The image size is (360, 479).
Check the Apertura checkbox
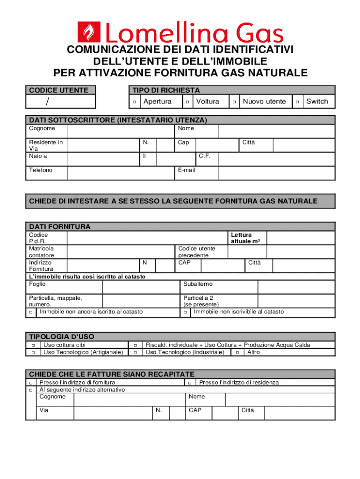pos(134,102)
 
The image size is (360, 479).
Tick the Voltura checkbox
pos(187,102)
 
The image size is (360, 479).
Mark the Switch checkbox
pos(297,102)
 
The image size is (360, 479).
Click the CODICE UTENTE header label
pos(58,90)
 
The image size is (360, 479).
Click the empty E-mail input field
pos(276,173)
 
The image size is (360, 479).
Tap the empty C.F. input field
pos(276,159)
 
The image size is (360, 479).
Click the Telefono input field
pos(120,173)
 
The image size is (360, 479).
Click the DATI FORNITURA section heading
pos(60,226)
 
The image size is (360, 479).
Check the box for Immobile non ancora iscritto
pos(31,312)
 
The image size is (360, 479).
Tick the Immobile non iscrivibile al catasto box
pos(185,312)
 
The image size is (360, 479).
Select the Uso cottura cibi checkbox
pos(34,345)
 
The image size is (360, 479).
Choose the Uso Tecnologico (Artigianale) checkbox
pos(34,352)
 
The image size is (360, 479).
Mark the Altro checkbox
pos(238,352)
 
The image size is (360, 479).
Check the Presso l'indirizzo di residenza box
pos(190,383)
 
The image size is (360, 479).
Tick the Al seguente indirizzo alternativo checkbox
pos(31,390)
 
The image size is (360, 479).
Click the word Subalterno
pos(198,284)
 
